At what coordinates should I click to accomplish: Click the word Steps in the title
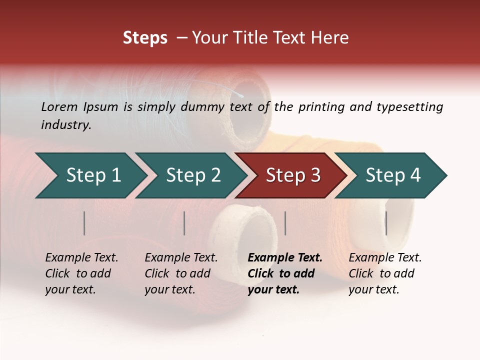pyautogui.click(x=145, y=38)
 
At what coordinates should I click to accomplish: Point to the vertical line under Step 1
pyautogui.click(x=84, y=223)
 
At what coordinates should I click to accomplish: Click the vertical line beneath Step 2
pyautogui.click(x=184, y=223)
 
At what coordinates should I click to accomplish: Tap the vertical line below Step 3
pyautogui.click(x=285, y=223)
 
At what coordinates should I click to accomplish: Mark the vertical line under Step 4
pyautogui.click(x=386, y=223)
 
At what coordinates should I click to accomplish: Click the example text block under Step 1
pyautogui.click(x=81, y=273)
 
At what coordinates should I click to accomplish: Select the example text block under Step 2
pyautogui.click(x=181, y=273)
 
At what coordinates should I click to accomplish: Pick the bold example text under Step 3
pyautogui.click(x=285, y=273)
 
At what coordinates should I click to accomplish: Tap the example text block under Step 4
pyautogui.click(x=385, y=273)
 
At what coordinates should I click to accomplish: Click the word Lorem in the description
pyautogui.click(x=59, y=107)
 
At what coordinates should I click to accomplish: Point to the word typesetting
pyautogui.click(x=409, y=107)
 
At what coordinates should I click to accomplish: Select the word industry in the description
pyautogui.click(x=66, y=125)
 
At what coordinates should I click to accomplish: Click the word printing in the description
pyautogui.click(x=321, y=107)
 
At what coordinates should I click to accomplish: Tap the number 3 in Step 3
pyautogui.click(x=315, y=175)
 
